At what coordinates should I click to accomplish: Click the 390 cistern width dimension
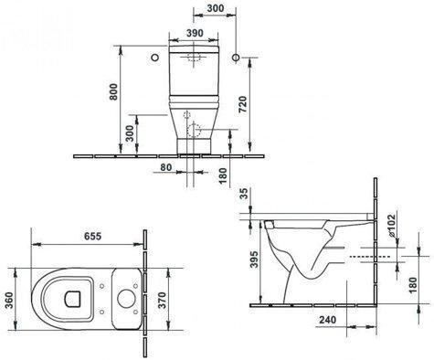pyautogui.click(x=195, y=33)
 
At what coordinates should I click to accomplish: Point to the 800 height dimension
pyautogui.click(x=113, y=91)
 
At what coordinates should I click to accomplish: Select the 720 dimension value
pyautogui.click(x=242, y=104)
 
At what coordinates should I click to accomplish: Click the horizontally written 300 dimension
pyautogui.click(x=216, y=8)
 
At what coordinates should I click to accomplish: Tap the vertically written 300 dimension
pyautogui.click(x=130, y=133)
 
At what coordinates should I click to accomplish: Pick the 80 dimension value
pyautogui.click(x=166, y=167)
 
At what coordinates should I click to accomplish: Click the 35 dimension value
pyautogui.click(x=244, y=194)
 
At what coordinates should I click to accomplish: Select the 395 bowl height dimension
pyautogui.click(x=254, y=259)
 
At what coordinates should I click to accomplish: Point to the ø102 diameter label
pyautogui.click(x=392, y=226)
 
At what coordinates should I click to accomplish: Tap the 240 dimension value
pyautogui.click(x=328, y=320)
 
